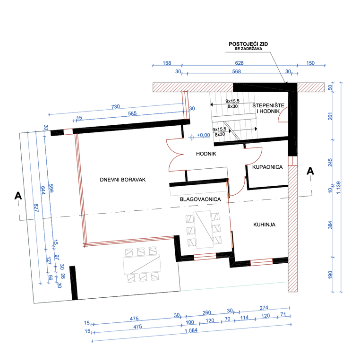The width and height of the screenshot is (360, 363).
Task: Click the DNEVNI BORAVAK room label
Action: click(x=123, y=180)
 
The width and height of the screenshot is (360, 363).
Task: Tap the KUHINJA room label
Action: click(x=264, y=225)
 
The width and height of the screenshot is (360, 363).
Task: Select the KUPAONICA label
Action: click(x=267, y=167)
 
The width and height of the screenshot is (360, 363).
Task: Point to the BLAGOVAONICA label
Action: click(x=200, y=199)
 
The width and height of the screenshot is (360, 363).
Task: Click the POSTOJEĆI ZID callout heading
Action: click(x=248, y=44)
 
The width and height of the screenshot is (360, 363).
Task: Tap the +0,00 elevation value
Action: click(x=203, y=135)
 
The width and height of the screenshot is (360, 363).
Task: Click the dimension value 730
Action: click(x=115, y=107)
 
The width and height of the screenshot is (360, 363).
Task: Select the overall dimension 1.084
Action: click(x=191, y=330)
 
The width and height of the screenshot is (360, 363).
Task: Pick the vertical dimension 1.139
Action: click(x=338, y=188)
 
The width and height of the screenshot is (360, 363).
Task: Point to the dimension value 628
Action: click(x=239, y=63)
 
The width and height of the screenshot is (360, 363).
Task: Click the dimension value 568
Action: click(x=236, y=71)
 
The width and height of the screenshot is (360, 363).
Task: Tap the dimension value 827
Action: click(x=36, y=208)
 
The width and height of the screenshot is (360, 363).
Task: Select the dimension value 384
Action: click(x=330, y=225)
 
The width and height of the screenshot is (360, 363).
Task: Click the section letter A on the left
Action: click(x=18, y=196)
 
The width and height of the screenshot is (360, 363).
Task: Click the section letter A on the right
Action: click(x=310, y=171)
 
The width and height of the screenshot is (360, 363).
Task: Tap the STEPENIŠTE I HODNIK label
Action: click(x=268, y=108)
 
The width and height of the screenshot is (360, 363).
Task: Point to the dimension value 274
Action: click(x=264, y=308)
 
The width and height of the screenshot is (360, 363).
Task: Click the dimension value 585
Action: click(x=132, y=113)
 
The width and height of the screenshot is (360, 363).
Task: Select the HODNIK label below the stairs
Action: click(x=206, y=154)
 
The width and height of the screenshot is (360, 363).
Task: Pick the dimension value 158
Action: click(x=167, y=63)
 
